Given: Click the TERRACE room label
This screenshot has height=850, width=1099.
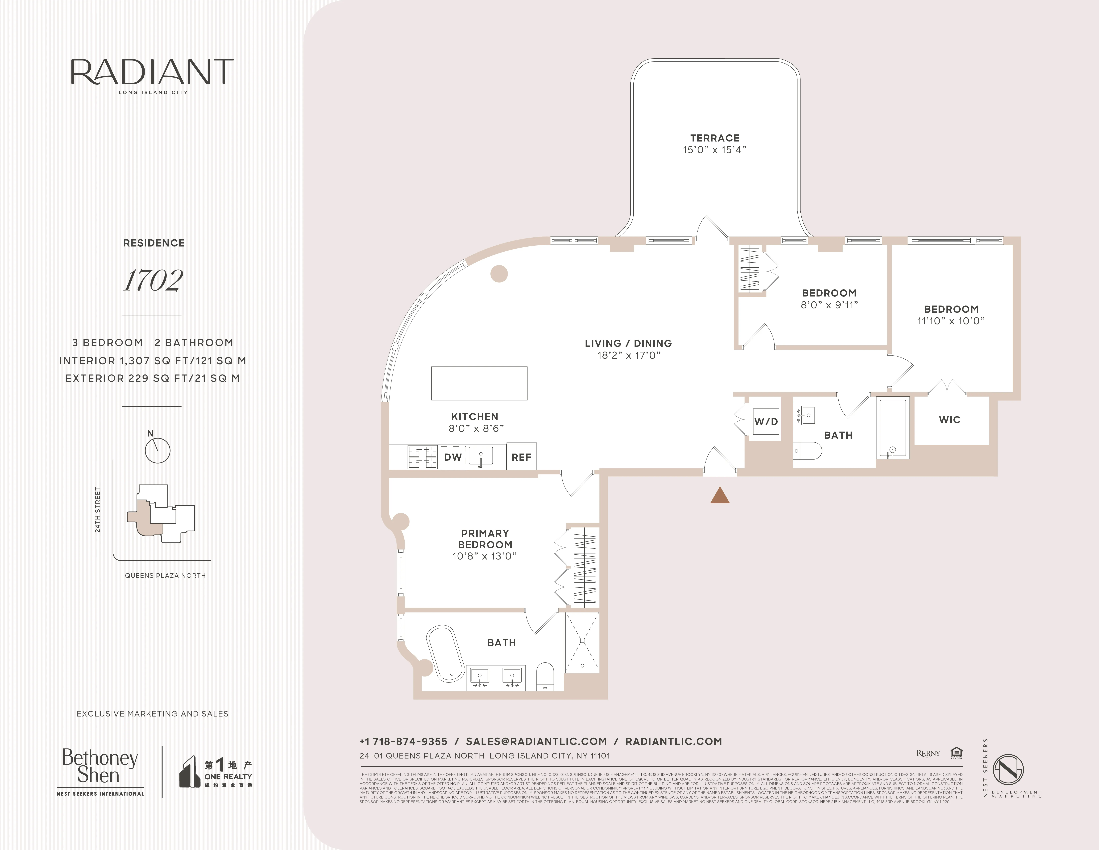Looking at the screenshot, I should (715, 138).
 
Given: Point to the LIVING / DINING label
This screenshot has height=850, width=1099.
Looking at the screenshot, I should (628, 343).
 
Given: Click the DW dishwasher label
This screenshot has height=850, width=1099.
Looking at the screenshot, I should (452, 457).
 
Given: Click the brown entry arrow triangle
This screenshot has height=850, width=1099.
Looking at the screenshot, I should (720, 496).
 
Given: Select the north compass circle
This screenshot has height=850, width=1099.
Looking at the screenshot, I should (158, 450).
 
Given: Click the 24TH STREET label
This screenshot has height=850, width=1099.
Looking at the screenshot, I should (98, 510).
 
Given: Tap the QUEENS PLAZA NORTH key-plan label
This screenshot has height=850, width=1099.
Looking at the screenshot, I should (165, 575).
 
